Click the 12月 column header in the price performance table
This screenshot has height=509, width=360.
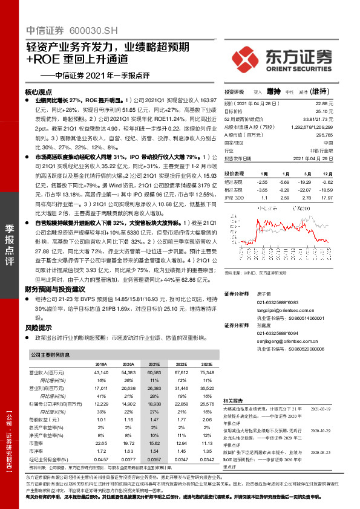click(327, 172)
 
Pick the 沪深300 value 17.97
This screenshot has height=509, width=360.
click(327, 197)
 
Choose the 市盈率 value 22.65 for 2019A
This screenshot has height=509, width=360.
click(100, 442)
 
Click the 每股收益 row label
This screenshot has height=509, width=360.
click(45, 418)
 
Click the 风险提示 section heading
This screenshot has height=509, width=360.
click(38, 327)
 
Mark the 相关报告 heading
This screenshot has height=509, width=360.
click(234, 401)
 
